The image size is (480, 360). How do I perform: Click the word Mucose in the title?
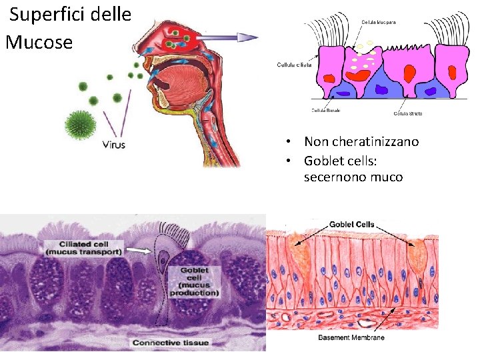[39, 43]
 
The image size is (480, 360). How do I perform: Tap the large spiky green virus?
[81, 125]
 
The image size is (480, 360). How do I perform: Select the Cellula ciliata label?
[294, 65]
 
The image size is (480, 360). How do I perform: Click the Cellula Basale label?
[325, 110]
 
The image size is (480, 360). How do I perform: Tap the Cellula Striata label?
[407, 113]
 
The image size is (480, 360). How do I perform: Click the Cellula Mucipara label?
[377, 23]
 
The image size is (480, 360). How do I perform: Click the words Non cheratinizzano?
[361, 141]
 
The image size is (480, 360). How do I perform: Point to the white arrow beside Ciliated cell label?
[139, 251]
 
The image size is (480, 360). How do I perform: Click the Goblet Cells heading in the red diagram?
[351, 225]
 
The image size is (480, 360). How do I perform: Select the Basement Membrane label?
[351, 338]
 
